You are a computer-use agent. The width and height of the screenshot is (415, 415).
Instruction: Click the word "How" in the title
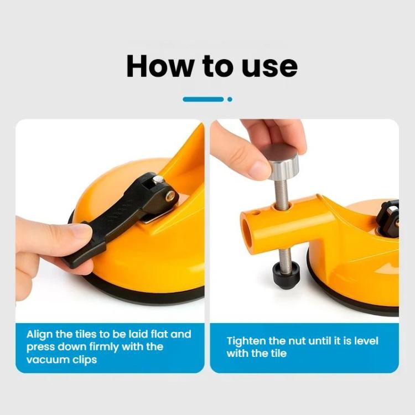click(x=159, y=66)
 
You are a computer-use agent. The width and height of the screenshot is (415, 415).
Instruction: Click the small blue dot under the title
click(x=230, y=99)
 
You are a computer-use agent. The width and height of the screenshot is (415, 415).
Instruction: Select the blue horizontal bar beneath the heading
click(x=203, y=99)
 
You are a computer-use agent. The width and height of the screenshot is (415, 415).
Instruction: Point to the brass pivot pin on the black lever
click(x=170, y=196)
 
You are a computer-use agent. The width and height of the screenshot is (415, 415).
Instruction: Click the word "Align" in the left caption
click(x=40, y=335)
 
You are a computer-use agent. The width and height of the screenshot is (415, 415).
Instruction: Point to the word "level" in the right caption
click(x=366, y=341)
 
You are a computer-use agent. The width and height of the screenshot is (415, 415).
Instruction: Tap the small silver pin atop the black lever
click(x=158, y=179)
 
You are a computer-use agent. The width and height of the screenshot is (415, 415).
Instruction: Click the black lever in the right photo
click(x=388, y=219)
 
